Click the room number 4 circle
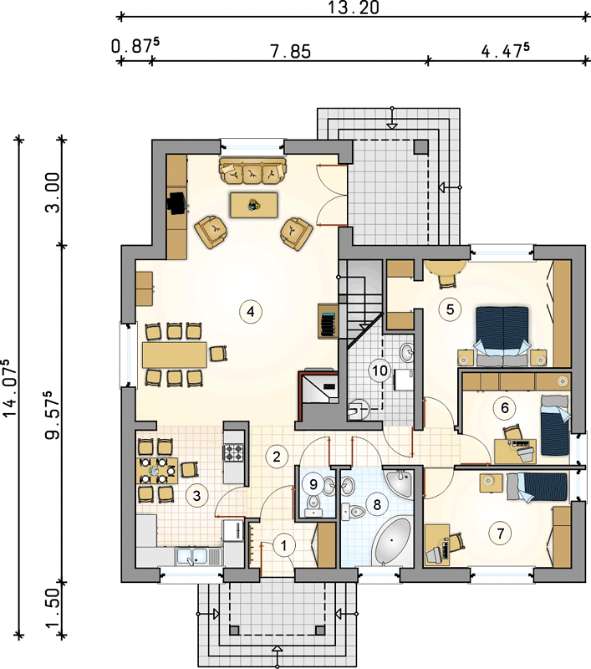tap(251, 311)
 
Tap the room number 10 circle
tap(380, 370)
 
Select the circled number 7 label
tap(501, 533)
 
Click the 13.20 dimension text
tap(353, 8)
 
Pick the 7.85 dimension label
tap(290, 52)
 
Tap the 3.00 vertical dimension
tap(53, 192)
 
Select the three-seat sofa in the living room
tap(252, 171)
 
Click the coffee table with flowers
tap(254, 205)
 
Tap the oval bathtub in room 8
tap(391, 540)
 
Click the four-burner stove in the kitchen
tap(234, 453)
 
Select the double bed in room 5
tap(502, 336)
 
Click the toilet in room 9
tap(314, 505)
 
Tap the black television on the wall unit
tap(177, 203)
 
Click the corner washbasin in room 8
tap(400, 482)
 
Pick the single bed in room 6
tap(555, 425)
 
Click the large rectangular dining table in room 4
tap(175, 355)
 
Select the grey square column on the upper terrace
tap(420, 147)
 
